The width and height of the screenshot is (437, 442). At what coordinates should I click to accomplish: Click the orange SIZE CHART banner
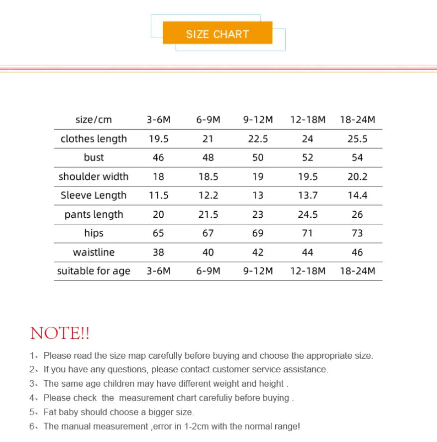[x=218, y=34]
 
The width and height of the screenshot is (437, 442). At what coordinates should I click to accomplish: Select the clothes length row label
[x=94, y=139]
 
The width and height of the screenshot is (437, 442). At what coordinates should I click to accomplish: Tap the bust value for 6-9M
[x=208, y=157]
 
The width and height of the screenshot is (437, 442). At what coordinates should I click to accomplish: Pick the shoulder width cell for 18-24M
[x=357, y=176]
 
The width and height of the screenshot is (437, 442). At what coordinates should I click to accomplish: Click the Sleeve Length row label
[x=94, y=195]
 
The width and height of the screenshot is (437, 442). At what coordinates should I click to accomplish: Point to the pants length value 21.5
[x=208, y=214]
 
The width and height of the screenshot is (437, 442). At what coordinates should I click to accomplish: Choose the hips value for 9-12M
[x=258, y=233]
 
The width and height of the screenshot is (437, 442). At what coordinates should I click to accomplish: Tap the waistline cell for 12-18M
[x=308, y=252]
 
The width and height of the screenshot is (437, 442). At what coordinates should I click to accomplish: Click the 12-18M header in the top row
[x=308, y=120]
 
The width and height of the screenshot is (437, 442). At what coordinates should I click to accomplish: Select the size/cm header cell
[x=94, y=120]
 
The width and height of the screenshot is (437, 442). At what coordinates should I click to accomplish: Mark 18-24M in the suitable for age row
[x=357, y=271]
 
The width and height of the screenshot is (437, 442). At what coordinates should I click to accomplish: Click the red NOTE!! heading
[x=60, y=333]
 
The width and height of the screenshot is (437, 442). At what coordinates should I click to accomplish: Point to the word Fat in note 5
[x=50, y=412]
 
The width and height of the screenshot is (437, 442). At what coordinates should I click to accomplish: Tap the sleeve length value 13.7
[x=308, y=195]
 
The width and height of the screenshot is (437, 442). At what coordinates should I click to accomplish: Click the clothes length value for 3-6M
[x=158, y=139]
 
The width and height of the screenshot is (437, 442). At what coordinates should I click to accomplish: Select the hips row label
[x=94, y=233]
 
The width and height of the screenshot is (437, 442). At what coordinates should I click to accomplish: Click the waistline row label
[x=94, y=252]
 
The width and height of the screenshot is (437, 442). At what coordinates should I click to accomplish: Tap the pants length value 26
[x=357, y=214]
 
